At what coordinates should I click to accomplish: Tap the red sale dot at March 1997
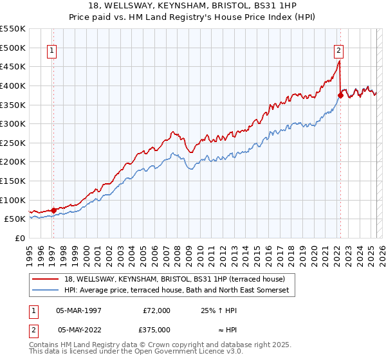[x=53, y=210]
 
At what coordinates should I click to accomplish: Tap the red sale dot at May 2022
[x=340, y=95]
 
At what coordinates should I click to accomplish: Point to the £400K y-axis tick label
[x=13, y=85]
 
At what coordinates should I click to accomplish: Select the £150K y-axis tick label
[x=13, y=181]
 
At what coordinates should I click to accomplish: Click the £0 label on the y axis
[x=21, y=238]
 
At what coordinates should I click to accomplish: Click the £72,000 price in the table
[x=156, y=310]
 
